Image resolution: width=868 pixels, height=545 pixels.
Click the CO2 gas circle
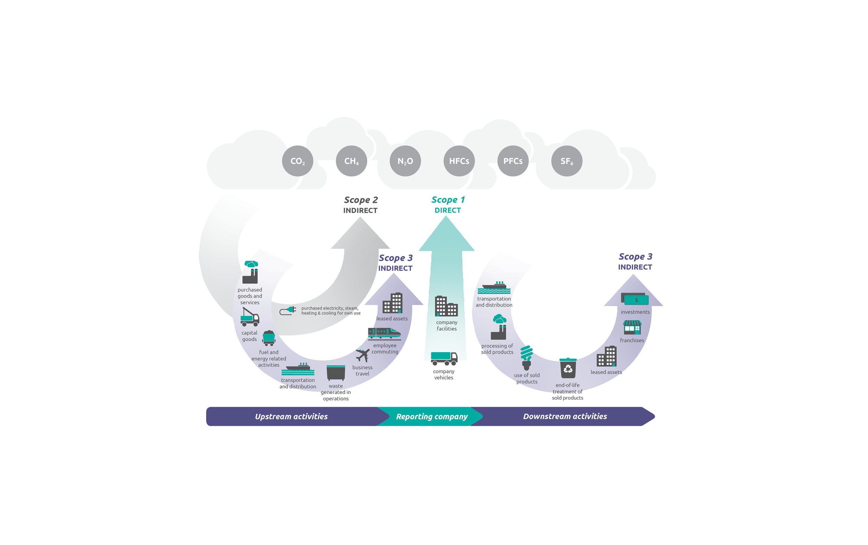pos(298,161)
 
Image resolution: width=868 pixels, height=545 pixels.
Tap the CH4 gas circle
pos(351,161)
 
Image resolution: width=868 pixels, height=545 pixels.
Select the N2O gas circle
pos(405,161)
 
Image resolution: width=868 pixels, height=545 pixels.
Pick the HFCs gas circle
pos(459,161)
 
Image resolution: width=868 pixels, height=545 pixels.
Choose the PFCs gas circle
pos(512,161)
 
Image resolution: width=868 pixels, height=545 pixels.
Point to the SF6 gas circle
pos(567,161)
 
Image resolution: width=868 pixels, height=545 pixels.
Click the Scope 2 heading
pos(360,200)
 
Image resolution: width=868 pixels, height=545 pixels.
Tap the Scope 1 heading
pos(448,200)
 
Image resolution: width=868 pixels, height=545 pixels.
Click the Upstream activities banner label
pos(291,416)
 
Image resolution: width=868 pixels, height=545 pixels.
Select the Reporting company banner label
pos(432,416)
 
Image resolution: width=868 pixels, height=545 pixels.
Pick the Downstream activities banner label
pos(565,416)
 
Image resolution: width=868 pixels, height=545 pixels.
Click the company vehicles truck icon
pos(444,358)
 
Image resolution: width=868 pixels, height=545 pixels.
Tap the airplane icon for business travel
pos(362,355)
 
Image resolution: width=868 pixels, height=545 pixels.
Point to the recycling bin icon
pos(568,368)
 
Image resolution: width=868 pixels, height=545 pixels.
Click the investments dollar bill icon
pos(635,299)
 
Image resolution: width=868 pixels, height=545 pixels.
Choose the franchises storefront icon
pos(632,327)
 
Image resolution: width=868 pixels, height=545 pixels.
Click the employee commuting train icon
pos(384,333)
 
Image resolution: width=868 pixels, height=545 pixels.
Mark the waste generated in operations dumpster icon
pos(336,373)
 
